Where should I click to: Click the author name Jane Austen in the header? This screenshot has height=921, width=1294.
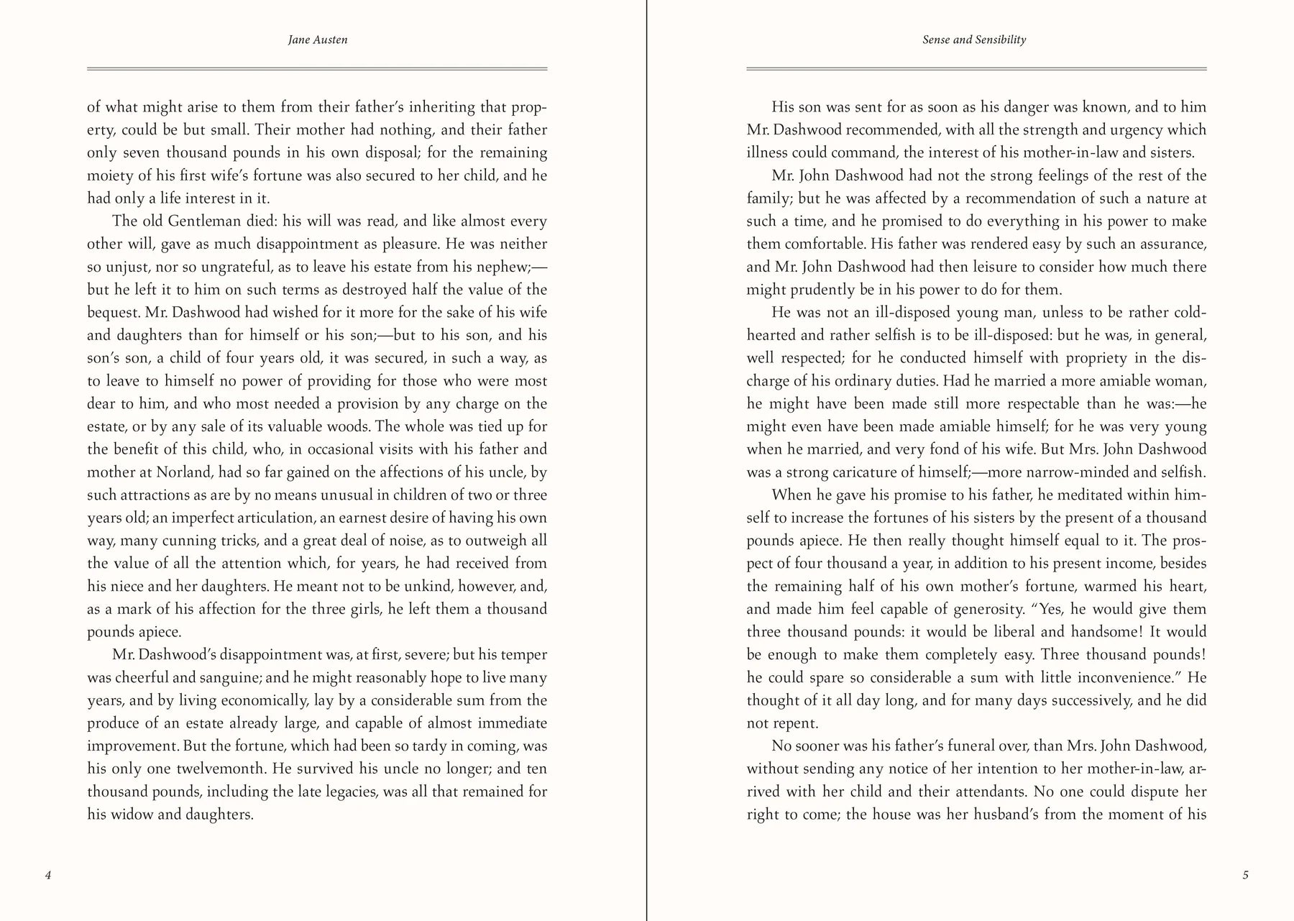tap(318, 40)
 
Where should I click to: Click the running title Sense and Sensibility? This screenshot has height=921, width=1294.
tap(974, 40)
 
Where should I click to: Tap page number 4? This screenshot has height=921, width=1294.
tap(48, 875)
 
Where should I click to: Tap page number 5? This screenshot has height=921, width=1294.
tap(1246, 875)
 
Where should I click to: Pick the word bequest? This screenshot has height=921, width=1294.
tap(113, 313)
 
